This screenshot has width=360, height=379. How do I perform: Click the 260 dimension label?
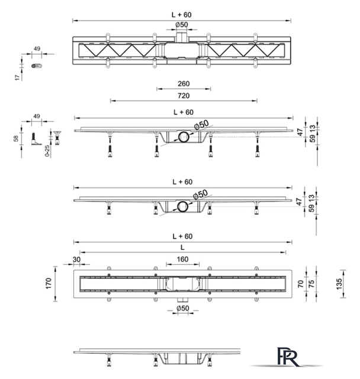(x=184, y=83)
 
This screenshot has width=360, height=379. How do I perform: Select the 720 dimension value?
(x=184, y=96)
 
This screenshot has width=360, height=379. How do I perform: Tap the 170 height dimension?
(x=49, y=283)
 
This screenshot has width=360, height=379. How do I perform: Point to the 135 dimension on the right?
(x=339, y=284)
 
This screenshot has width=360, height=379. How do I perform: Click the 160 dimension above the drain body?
(x=182, y=259)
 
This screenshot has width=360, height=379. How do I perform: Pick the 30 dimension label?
(x=76, y=259)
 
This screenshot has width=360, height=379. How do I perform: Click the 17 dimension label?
(x=17, y=78)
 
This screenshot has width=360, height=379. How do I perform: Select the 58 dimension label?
(x=16, y=139)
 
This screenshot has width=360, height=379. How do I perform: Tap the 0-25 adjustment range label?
(x=47, y=151)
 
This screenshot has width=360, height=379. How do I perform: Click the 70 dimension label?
(x=301, y=284)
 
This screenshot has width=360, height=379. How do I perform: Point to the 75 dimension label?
(x=311, y=284)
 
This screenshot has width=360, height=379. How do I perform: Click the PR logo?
(x=288, y=356)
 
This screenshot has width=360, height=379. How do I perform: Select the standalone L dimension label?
(x=182, y=248)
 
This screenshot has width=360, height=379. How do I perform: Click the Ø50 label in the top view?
(x=182, y=25)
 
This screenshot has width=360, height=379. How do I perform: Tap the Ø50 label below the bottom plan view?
(x=183, y=308)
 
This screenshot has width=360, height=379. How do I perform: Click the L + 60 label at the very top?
(x=182, y=15)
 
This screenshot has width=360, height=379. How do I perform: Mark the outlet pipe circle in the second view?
(x=184, y=137)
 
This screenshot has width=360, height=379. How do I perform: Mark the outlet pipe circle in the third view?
(x=182, y=207)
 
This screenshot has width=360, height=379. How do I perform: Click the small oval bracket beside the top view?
(x=37, y=66)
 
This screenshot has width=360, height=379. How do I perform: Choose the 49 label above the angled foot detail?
(x=37, y=116)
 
